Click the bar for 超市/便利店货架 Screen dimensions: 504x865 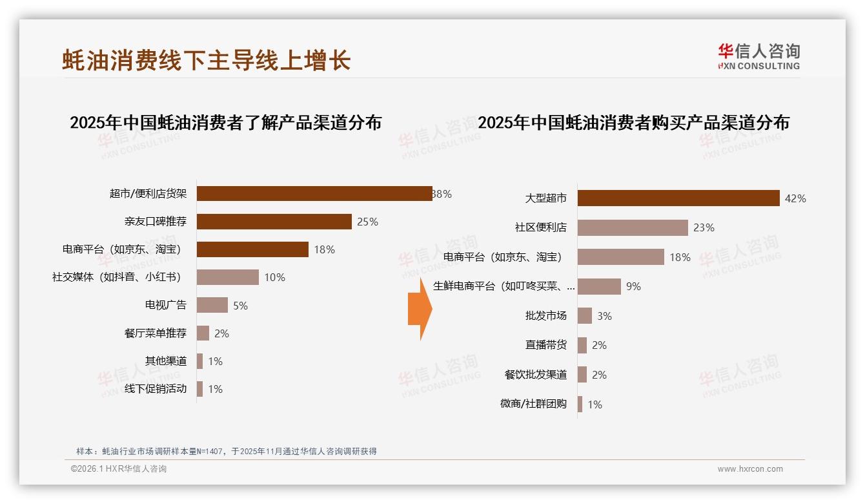click(x=314, y=194)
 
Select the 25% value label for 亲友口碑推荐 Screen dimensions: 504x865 click(x=367, y=222)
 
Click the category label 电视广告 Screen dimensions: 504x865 click(x=165, y=305)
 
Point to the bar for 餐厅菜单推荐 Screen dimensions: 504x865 click(x=203, y=333)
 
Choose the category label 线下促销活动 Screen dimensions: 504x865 click(x=156, y=388)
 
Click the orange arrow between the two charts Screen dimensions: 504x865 click(x=420, y=309)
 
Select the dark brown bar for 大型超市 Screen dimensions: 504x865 click(x=678, y=198)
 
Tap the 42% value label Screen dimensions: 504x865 click(x=795, y=198)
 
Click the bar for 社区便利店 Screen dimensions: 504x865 click(x=633, y=227)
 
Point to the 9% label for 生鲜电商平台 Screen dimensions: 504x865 click(x=633, y=286)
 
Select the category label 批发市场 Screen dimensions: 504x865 click(x=545, y=316)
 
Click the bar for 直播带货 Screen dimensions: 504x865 click(x=582, y=345)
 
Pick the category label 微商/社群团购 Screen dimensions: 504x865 click(x=533, y=404)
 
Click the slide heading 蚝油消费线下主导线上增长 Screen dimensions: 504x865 click(x=206, y=60)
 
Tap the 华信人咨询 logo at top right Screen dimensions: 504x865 click(x=758, y=56)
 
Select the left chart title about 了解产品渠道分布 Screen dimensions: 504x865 click(x=225, y=122)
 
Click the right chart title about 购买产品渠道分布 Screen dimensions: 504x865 click(x=633, y=122)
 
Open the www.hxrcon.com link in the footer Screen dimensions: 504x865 click(x=750, y=469)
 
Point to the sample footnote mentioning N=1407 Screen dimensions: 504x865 click(x=226, y=451)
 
